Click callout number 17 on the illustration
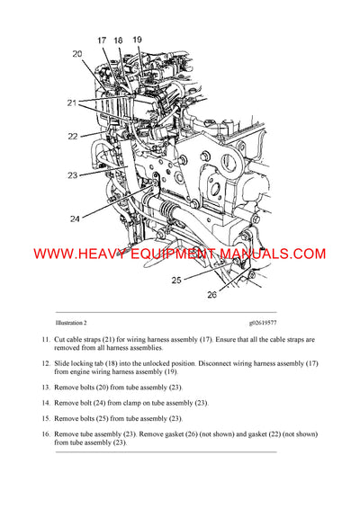pos(101,40)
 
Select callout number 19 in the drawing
pos(137,40)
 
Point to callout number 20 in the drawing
pos(77,54)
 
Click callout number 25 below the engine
pos(177,280)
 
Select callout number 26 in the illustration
pos(212,293)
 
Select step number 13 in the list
pos(46,387)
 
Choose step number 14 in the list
pos(46,403)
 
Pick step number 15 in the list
pos(46,419)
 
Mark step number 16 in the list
pos(46,435)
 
